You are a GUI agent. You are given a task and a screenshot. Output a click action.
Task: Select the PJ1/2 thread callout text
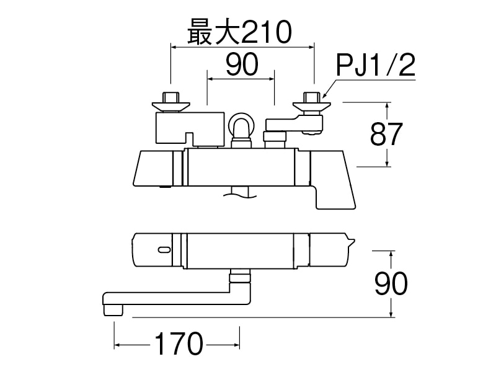pyautogui.click(x=375, y=65)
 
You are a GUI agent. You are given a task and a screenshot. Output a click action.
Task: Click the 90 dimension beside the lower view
pyautogui.click(x=391, y=284)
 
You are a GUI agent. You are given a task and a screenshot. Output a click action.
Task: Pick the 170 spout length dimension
pyautogui.click(x=177, y=343)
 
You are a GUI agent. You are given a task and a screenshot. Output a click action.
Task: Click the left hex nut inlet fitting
pyautogui.click(x=170, y=101)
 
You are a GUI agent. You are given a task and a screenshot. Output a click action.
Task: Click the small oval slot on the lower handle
pyautogui.click(x=163, y=250)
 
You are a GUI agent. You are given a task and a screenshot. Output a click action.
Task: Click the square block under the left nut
pyautogui.click(x=188, y=127)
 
